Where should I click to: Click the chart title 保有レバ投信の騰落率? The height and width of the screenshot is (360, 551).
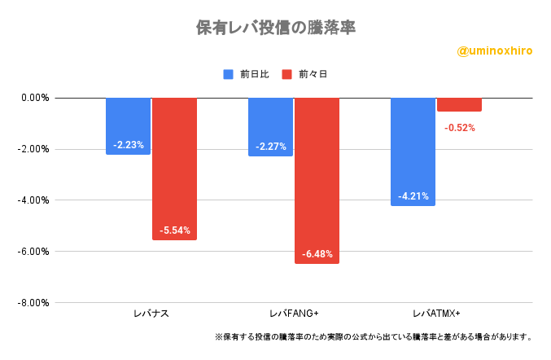[x=276, y=27]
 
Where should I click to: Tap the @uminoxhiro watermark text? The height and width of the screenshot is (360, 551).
[x=495, y=50]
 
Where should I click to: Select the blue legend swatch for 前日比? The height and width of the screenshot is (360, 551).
[x=228, y=74]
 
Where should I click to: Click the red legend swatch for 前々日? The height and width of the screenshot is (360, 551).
[x=286, y=74]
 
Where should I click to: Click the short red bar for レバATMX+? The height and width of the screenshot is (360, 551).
[x=459, y=104]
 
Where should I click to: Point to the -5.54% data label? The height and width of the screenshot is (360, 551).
[x=174, y=230]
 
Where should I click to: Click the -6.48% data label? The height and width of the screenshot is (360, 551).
[x=317, y=255]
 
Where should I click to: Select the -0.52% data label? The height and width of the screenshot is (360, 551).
[x=459, y=128]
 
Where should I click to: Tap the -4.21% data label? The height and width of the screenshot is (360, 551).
[x=413, y=196]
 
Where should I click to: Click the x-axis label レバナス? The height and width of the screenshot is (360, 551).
[x=151, y=314]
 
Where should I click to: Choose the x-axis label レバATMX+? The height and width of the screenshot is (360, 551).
[x=436, y=314]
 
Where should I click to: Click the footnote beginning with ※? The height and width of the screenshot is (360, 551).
[x=374, y=336]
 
